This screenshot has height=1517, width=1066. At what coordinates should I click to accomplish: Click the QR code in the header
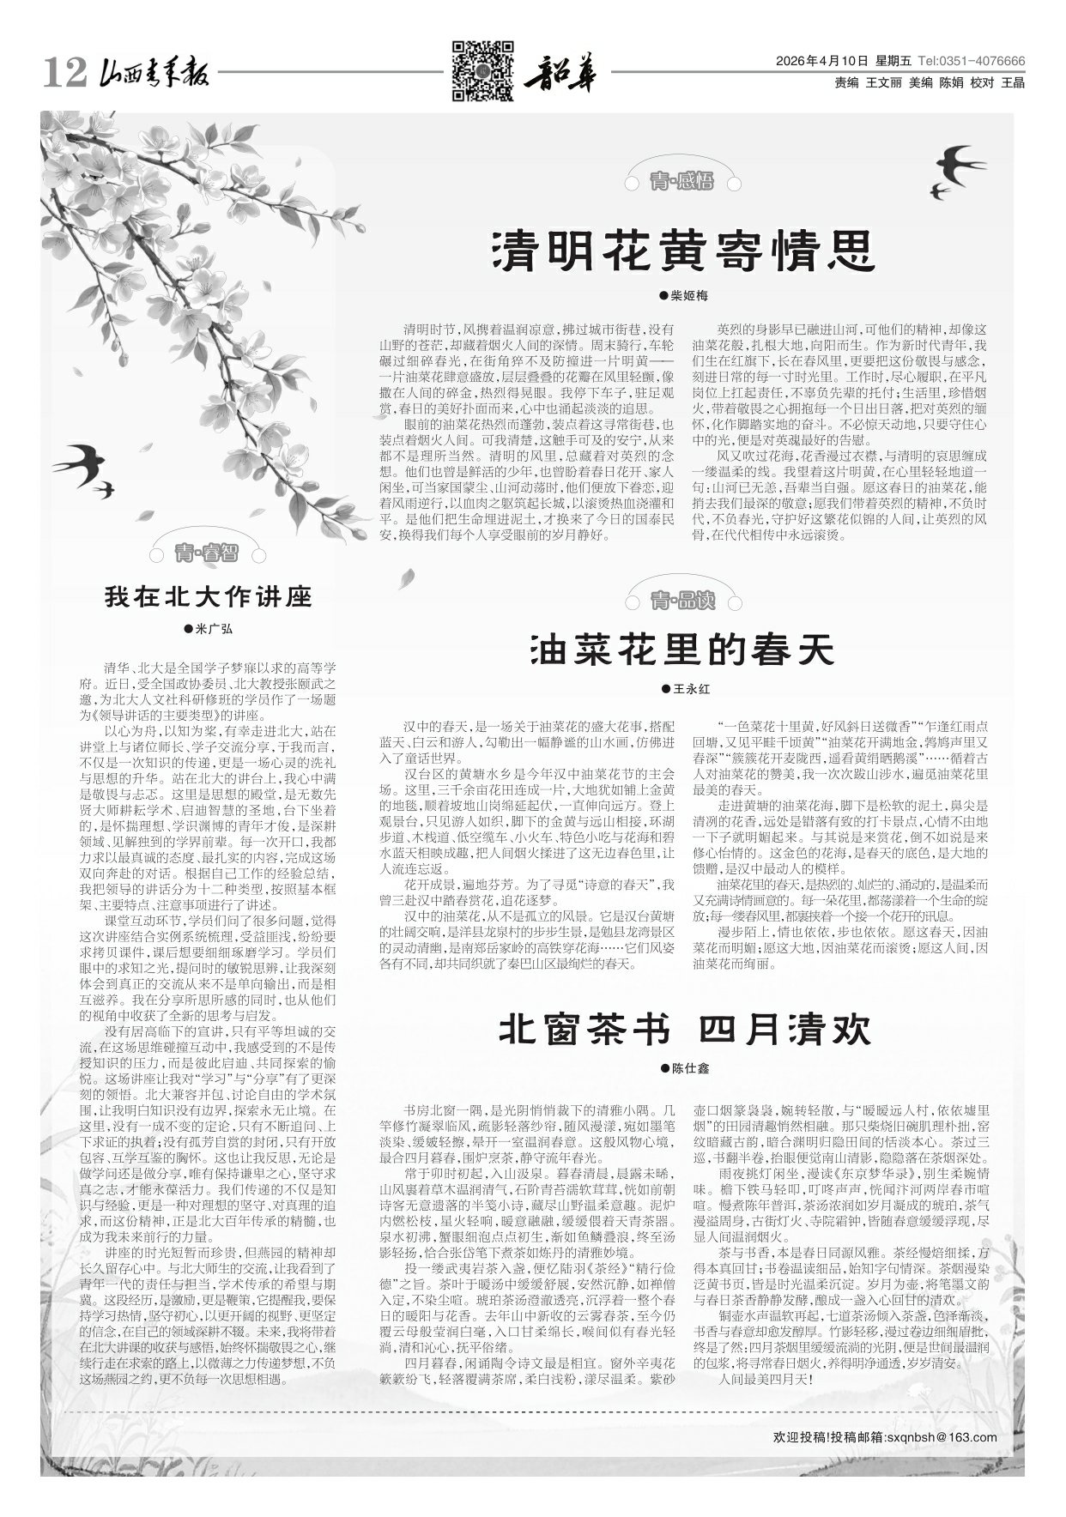pos(482,70)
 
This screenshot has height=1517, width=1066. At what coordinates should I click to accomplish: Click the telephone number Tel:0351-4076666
pos(972,62)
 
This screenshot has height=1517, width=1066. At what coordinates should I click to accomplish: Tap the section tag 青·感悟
pos(682,180)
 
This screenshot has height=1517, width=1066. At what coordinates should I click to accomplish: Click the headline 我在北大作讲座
pos(209,596)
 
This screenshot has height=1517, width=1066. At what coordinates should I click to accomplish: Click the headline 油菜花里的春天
pos(683,650)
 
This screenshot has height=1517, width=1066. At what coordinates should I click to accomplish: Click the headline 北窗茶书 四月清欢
pos(685,1030)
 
